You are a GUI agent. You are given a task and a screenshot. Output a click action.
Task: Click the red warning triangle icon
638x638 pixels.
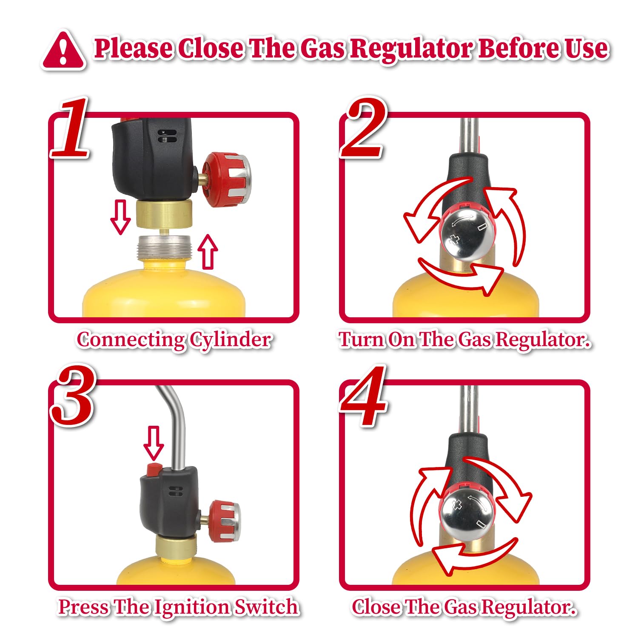click(x=64, y=51)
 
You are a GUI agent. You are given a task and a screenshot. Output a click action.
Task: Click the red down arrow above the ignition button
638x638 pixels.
click(x=154, y=443)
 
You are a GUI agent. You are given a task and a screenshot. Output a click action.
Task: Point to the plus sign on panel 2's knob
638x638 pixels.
click(x=454, y=239)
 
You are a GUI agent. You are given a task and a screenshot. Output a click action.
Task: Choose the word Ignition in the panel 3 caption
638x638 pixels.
click(x=193, y=607)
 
